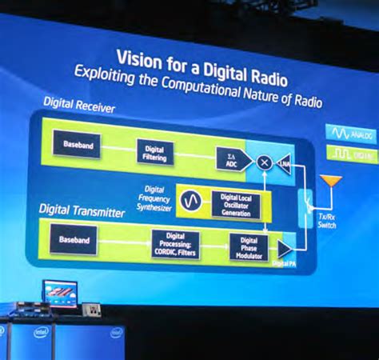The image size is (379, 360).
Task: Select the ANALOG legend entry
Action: (x=350, y=133)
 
